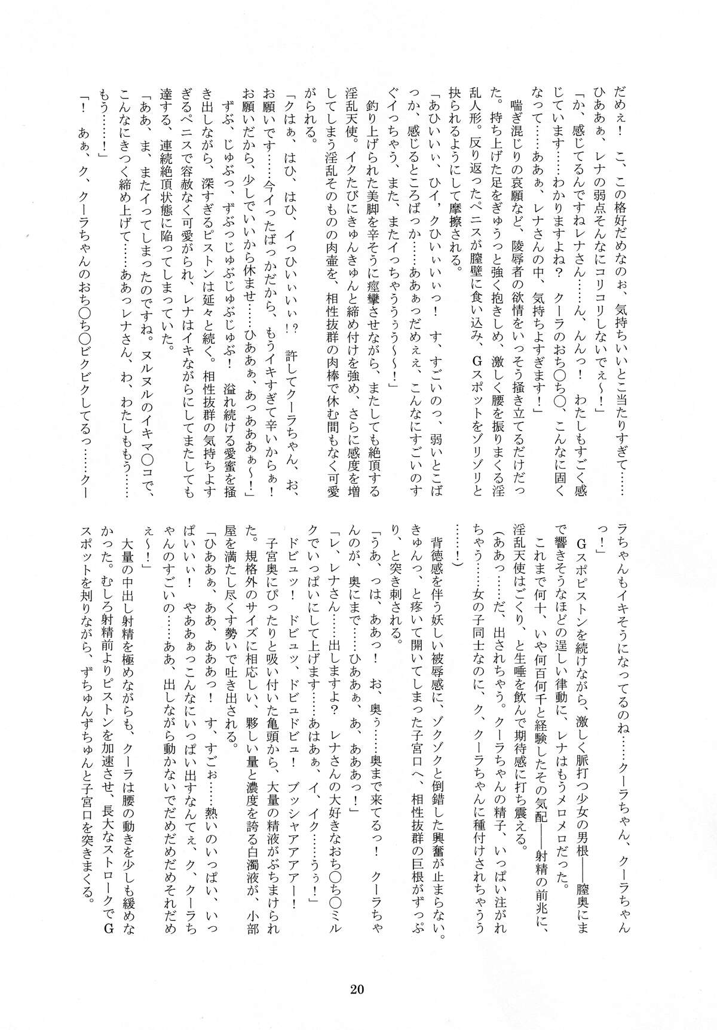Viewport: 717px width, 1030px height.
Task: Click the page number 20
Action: [358, 988]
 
